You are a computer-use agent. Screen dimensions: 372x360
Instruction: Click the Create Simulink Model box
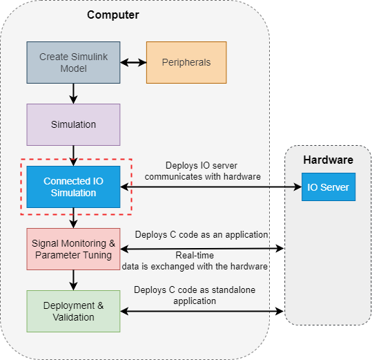[x=73, y=62]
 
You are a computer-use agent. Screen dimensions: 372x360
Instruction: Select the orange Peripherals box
[x=186, y=62]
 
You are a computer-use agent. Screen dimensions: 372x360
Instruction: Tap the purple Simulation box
[x=73, y=124]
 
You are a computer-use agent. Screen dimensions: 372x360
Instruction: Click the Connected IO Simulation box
[x=73, y=187]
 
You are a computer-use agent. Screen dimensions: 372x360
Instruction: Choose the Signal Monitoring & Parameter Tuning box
[x=73, y=249]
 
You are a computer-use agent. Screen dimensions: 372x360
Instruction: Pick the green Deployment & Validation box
[x=73, y=311]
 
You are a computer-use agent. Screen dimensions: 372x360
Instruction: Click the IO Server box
[x=329, y=187]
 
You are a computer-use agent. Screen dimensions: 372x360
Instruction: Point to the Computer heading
[x=113, y=15]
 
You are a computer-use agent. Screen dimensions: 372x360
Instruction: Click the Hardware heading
[x=328, y=160]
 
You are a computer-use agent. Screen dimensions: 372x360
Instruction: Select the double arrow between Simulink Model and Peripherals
[x=133, y=63]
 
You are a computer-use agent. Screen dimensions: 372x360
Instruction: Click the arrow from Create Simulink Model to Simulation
[x=73, y=93]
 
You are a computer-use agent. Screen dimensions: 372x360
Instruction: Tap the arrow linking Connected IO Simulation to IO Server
[x=211, y=187]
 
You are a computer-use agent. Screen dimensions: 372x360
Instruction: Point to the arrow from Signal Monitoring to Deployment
[x=73, y=281]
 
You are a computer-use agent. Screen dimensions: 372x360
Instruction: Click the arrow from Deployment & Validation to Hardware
[x=202, y=311]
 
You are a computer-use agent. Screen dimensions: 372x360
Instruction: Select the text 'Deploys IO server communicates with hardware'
[x=202, y=171]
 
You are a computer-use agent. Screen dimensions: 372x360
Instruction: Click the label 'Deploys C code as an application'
[x=202, y=235]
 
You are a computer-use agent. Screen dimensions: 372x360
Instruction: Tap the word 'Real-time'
[x=195, y=255]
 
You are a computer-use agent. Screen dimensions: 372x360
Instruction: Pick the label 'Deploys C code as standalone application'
[x=195, y=296]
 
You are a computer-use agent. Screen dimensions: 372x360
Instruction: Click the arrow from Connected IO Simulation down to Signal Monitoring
[x=73, y=218]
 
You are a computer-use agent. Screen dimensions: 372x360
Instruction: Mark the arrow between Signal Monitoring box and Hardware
[x=202, y=249]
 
